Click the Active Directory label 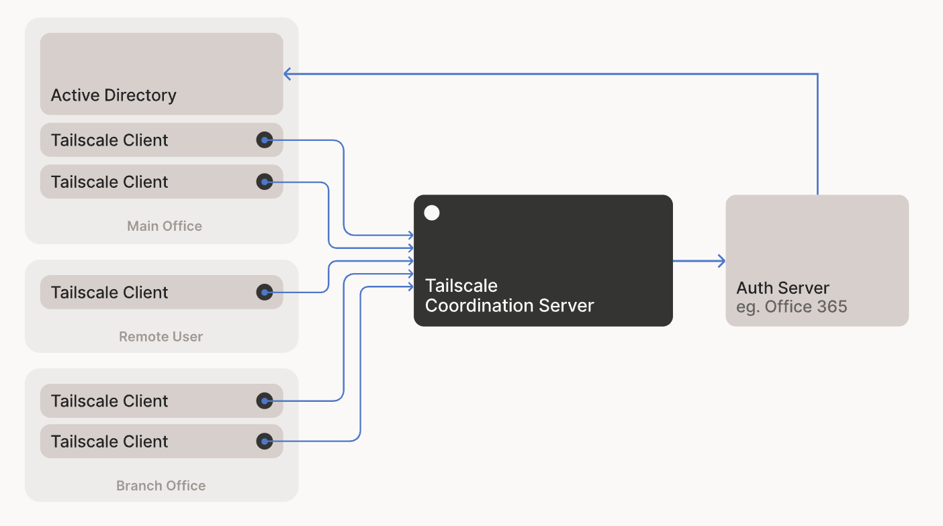[114, 95]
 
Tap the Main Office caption [165, 226]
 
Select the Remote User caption [161, 337]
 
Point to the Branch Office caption [161, 486]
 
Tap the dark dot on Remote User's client [265, 292]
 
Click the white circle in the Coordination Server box [432, 213]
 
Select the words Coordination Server [510, 306]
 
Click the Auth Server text [782, 288]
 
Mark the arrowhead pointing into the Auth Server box [722, 261]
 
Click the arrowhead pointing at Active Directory [287, 74]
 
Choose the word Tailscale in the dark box [461, 286]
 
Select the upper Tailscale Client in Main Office [109, 140]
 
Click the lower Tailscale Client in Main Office [109, 182]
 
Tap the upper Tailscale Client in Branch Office [109, 401]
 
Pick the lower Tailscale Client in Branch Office [109, 441]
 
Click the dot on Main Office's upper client [265, 140]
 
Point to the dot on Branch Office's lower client [265, 441]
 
